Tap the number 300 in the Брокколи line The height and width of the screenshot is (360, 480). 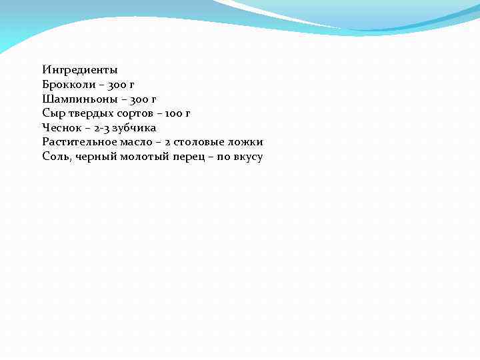coord(113,84)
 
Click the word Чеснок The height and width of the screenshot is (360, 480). coord(61,128)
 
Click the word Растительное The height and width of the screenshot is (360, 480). coord(79,142)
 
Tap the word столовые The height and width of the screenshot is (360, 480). coord(198,142)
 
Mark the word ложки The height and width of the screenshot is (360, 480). coord(245,142)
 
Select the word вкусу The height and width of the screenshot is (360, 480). coord(247,157)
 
